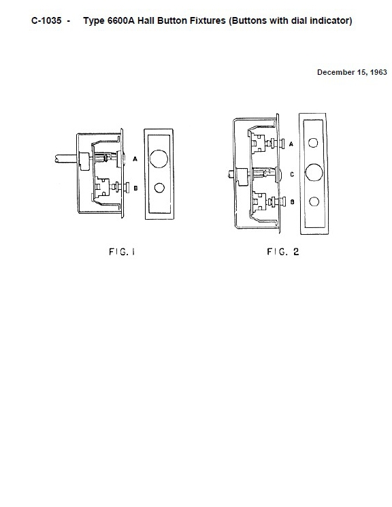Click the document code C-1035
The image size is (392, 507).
click(46, 20)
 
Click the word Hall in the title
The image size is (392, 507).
click(146, 20)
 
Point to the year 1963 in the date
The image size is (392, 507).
click(378, 72)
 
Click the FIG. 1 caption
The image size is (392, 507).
click(122, 252)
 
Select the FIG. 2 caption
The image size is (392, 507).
click(283, 252)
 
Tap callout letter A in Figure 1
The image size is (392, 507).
click(135, 159)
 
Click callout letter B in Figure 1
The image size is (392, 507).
click(135, 189)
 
